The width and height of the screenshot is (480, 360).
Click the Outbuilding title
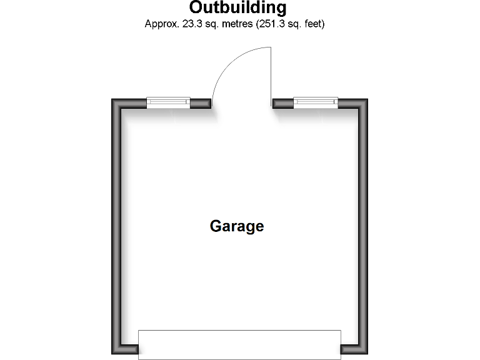[238, 8]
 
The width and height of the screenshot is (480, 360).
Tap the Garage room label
[237, 226]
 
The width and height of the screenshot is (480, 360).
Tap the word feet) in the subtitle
[312, 24]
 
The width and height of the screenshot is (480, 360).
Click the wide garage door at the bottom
[239, 344]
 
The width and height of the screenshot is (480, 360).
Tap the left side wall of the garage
[117, 225]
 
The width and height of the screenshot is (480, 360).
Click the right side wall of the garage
[362, 225]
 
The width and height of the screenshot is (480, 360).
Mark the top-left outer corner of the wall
[114, 100]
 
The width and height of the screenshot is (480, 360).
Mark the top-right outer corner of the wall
[366, 100]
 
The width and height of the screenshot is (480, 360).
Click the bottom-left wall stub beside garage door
[129, 349]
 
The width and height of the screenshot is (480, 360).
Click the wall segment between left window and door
[200, 103]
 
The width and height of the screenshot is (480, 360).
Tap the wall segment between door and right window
[283, 103]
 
